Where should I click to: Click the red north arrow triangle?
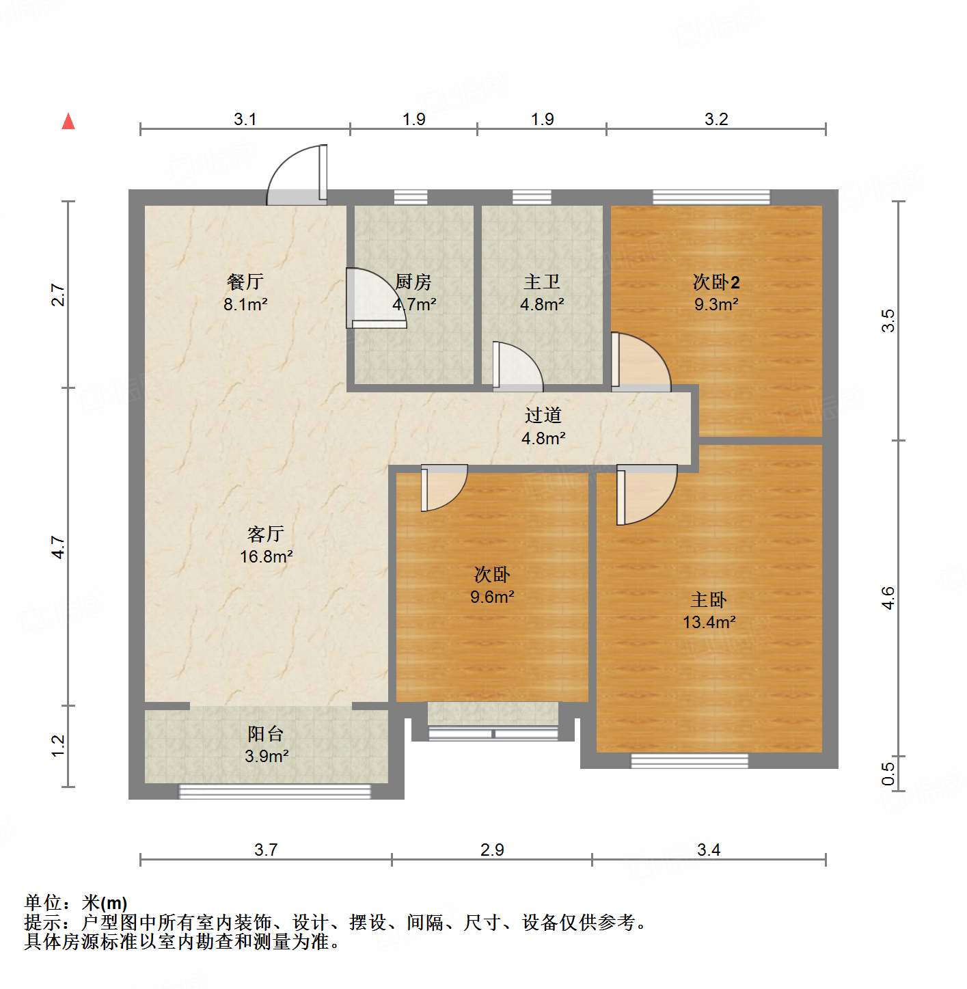click(68, 122)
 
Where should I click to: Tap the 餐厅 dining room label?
click(245, 282)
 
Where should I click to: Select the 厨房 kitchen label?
click(413, 282)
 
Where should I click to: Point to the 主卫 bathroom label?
click(542, 282)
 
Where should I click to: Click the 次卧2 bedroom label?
click(716, 282)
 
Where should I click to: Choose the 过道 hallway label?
click(543, 415)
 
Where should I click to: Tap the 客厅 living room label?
click(266, 533)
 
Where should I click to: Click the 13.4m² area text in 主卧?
click(709, 622)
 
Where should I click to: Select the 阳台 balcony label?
click(266, 734)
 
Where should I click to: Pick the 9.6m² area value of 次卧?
click(492, 597)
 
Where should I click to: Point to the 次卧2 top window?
click(711, 198)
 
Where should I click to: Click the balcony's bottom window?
click(275, 791)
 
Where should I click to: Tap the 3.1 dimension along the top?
click(245, 119)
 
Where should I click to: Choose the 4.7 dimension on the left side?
click(59, 547)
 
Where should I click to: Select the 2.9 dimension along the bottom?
click(492, 850)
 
